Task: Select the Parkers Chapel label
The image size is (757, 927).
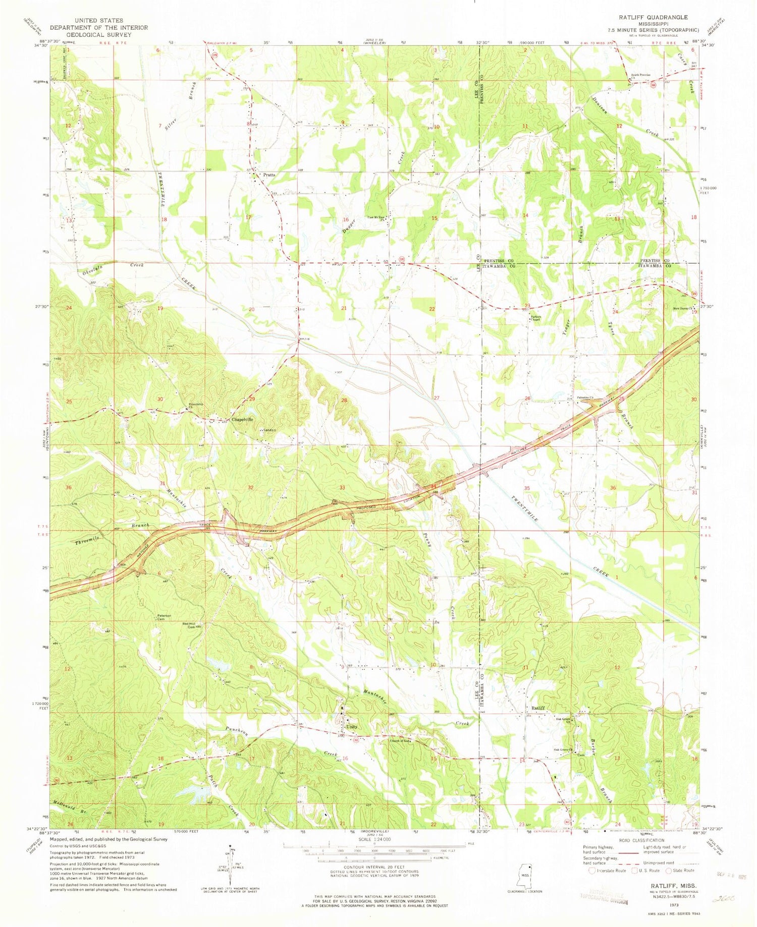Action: pyautogui.click(x=535, y=319)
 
